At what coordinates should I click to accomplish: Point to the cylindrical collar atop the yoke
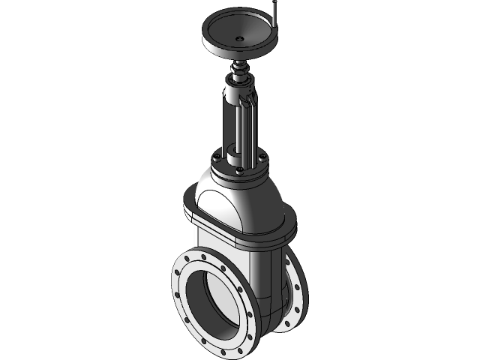click(x=241, y=94)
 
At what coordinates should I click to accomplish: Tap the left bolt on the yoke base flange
click(x=217, y=157)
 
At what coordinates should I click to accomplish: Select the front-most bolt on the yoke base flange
click(x=238, y=170)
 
